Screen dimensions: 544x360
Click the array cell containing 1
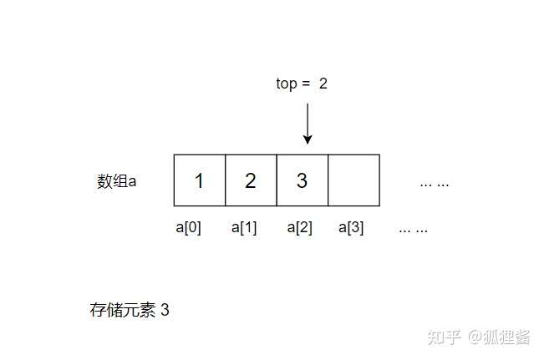pos(199,180)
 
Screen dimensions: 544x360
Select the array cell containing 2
pos(251,180)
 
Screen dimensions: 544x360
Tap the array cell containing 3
pos(302,180)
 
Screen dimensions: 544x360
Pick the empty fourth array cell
pos(353,180)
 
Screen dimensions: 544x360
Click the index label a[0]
pos(188,227)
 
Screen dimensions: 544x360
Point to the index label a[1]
pos(244,227)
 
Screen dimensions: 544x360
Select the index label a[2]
pos(299,227)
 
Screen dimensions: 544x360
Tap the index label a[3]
pos(351,227)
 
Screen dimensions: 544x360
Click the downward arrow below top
pos(308,124)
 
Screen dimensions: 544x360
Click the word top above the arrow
pos(286,84)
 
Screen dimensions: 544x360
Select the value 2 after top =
pos(323,84)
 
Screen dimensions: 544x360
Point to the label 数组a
pos(116,181)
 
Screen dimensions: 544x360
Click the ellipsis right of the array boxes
pos(434,182)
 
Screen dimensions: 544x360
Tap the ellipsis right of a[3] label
pos(414,228)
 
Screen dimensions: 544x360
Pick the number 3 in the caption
pos(165,310)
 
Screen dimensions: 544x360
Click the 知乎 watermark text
pos(444,337)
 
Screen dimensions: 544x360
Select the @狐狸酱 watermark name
pos(499,337)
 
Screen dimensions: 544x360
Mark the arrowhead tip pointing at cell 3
pos(308,143)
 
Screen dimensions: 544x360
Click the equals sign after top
pos(306,84)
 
